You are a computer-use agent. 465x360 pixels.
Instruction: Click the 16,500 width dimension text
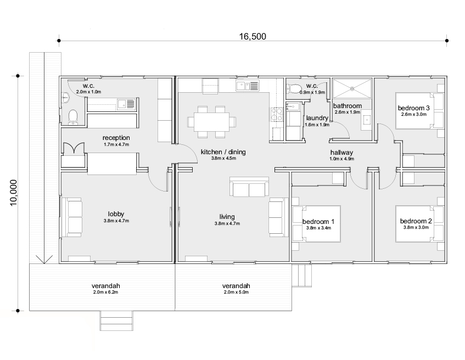click(x=253, y=36)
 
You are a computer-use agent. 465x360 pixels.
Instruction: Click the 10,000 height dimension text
click(x=14, y=193)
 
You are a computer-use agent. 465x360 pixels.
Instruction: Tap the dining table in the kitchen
click(x=212, y=122)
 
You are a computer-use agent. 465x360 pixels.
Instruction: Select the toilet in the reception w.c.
click(x=72, y=117)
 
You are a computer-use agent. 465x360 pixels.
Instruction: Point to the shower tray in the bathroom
click(x=352, y=88)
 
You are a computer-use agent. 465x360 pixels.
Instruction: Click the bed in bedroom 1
click(x=316, y=223)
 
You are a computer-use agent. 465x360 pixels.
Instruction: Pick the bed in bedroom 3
click(x=419, y=111)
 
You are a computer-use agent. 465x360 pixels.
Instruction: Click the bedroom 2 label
click(x=416, y=221)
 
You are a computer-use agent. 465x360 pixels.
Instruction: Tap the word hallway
click(x=341, y=153)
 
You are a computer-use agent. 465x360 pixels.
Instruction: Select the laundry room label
click(x=317, y=118)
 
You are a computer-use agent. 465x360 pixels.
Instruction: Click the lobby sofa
click(x=72, y=217)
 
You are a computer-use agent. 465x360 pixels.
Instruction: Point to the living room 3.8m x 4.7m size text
click(x=227, y=223)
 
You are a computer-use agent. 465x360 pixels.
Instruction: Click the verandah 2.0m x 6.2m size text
click(x=105, y=292)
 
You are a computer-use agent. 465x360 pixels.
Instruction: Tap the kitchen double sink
click(x=248, y=86)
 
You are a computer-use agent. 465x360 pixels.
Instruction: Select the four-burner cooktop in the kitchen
click(x=276, y=115)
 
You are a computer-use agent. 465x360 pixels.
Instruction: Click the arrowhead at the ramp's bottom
click(x=44, y=260)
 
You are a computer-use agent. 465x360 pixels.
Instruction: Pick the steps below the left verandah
click(x=116, y=320)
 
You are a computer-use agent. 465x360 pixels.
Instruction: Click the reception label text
click(x=116, y=138)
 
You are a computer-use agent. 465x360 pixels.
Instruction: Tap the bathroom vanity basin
click(x=367, y=120)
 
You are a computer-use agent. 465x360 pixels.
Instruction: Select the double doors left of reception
click(x=74, y=148)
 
